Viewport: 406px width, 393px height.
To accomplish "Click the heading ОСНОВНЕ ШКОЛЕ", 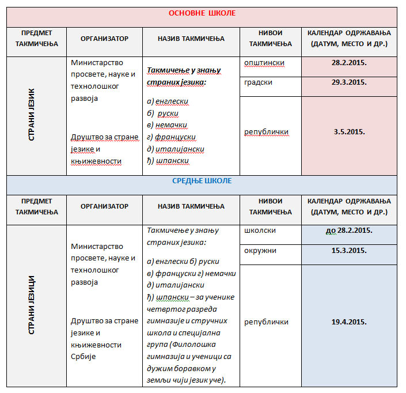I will tap(202, 13).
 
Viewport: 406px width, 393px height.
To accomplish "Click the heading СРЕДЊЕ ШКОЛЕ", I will tap(202, 181).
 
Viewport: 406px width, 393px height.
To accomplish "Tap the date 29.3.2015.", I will tap(349, 83).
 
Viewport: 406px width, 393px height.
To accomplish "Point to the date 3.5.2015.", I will tap(349, 132).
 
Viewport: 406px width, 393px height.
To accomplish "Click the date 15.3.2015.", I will tap(349, 251).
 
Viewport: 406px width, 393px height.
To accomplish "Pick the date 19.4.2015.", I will tap(349, 322).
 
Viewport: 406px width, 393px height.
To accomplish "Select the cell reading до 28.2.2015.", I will tap(349, 230).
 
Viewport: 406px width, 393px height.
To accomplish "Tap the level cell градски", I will tap(259, 82).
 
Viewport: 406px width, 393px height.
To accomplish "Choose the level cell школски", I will tap(260, 230).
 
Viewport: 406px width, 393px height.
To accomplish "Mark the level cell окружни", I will tap(260, 251).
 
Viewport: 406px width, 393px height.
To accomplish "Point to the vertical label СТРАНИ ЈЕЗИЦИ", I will tap(33, 305).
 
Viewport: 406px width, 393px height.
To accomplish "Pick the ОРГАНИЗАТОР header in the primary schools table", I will tap(104, 39).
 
